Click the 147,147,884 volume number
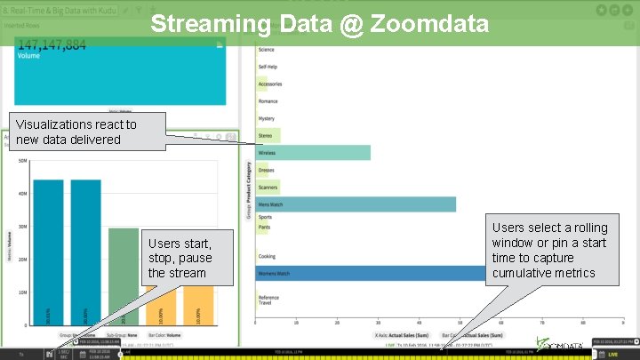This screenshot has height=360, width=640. click(52, 44)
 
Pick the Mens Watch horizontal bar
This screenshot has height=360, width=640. click(356, 204)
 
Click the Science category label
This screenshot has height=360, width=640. click(267, 50)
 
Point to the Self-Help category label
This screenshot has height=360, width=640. click(268, 67)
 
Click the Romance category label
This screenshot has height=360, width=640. click(268, 101)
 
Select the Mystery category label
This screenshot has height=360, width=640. click(267, 118)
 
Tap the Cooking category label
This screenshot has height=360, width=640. click(267, 256)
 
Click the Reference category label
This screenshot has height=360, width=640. click(268, 298)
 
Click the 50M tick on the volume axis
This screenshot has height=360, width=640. click(23, 160)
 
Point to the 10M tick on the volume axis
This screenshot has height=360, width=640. click(23, 292)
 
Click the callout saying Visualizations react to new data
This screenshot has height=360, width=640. click(75, 132)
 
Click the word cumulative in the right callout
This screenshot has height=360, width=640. click(523, 272)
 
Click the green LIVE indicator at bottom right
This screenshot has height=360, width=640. click(612, 354)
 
